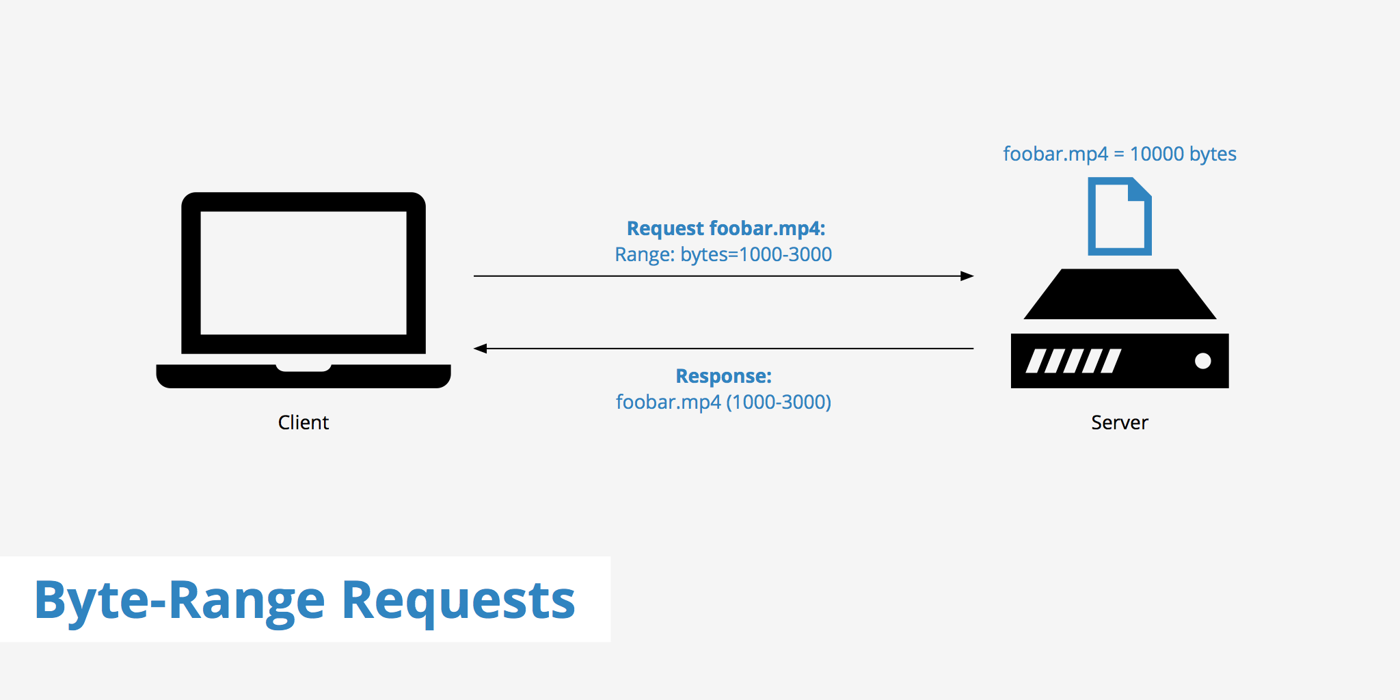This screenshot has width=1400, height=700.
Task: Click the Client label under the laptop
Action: (303, 422)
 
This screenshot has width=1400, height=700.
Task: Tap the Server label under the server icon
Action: (1119, 422)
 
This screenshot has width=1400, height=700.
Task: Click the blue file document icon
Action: (1119, 217)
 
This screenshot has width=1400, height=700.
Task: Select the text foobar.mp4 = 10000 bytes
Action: (1119, 154)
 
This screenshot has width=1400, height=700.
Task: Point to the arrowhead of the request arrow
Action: (967, 276)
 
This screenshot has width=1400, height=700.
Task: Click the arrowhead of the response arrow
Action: (481, 349)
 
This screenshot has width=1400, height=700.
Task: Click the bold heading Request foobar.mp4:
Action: (726, 228)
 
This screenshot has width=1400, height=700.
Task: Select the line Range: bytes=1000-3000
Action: (723, 254)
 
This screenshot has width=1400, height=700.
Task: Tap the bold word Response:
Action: (723, 376)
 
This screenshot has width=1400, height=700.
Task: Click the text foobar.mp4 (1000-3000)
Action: (723, 402)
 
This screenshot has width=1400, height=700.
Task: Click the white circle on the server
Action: (1202, 361)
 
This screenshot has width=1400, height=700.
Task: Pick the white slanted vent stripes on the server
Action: (1073, 361)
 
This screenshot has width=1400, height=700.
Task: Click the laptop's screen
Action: (303, 273)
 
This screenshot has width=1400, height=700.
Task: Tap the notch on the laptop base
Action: (303, 368)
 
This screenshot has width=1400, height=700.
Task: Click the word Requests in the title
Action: (458, 600)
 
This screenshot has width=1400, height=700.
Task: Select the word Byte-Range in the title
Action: (179, 600)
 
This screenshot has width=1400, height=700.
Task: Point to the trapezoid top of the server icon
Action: (1119, 295)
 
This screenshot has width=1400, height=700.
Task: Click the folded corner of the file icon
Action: (1139, 189)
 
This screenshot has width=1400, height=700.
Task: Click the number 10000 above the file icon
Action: (1157, 154)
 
